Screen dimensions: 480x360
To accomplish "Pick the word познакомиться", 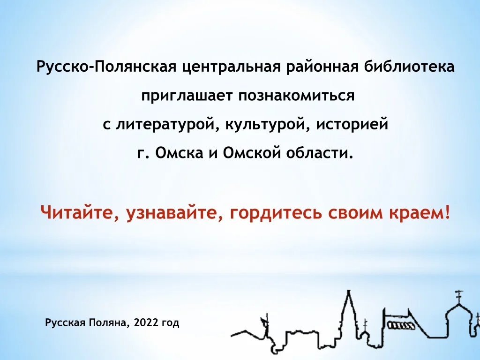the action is pyautogui.click(x=296, y=96).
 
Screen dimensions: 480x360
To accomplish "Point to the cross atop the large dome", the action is pyautogui.click(x=458, y=294).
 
